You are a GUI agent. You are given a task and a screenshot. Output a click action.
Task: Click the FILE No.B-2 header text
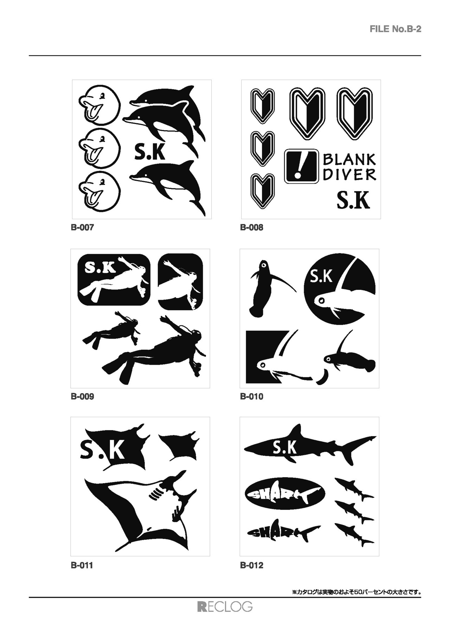(395, 29)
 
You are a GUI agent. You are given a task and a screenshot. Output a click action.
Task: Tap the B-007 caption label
(82, 227)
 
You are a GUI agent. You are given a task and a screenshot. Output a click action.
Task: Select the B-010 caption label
(252, 396)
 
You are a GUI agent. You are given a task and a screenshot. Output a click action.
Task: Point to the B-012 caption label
(252, 565)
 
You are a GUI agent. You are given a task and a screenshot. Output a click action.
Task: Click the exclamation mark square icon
(301, 166)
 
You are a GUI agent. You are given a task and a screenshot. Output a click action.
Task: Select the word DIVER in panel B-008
(349, 175)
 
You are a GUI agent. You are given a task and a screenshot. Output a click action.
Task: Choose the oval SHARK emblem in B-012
(285, 494)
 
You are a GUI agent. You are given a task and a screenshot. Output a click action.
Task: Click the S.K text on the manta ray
(102, 450)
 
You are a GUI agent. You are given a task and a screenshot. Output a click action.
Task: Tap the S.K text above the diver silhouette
(100, 269)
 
